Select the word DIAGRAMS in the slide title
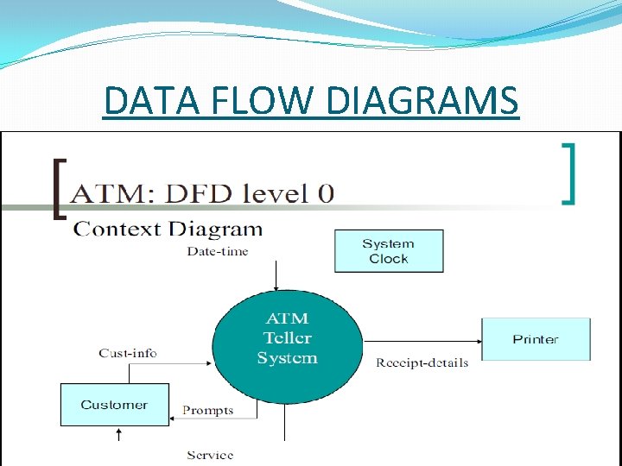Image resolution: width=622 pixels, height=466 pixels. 423,101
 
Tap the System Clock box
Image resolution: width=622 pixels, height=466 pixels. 389,251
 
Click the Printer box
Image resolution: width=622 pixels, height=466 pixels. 536,339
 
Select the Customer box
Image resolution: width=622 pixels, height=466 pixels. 114,405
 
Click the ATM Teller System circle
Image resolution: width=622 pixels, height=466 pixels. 287,338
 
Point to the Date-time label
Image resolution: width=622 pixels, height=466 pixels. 218,251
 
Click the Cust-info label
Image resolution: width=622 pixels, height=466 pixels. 128,352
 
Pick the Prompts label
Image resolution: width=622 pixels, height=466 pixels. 207,411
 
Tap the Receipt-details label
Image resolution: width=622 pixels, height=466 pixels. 422,362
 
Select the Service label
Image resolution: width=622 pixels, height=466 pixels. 210,455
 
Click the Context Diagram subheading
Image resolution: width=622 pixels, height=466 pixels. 168,229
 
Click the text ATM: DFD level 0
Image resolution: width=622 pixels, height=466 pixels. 202,192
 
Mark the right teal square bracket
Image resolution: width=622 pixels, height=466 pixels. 568,173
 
